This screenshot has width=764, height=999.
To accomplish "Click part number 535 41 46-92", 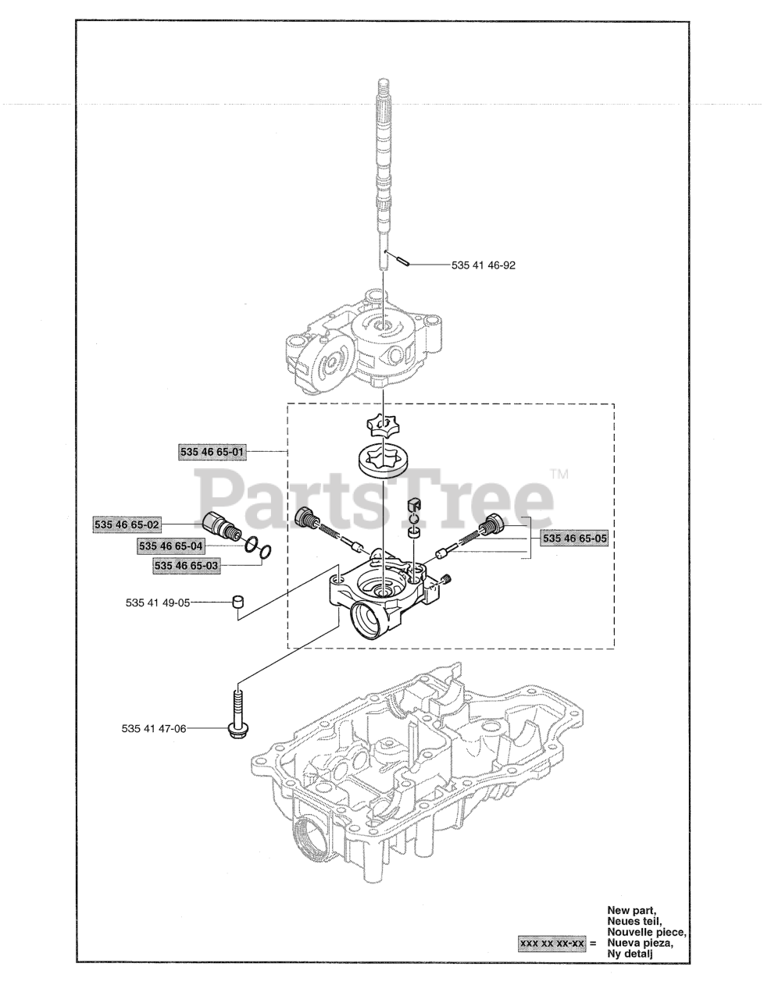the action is tap(484, 265).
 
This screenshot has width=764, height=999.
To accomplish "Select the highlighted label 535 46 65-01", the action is tap(212, 453).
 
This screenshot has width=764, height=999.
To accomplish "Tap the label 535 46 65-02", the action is tap(127, 524).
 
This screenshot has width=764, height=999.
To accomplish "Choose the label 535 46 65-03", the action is tap(187, 566).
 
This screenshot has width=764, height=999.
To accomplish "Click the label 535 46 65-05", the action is tap(575, 539).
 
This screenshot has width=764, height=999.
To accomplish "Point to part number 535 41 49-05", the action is tap(158, 603).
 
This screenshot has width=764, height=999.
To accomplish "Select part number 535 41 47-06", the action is tap(154, 741).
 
